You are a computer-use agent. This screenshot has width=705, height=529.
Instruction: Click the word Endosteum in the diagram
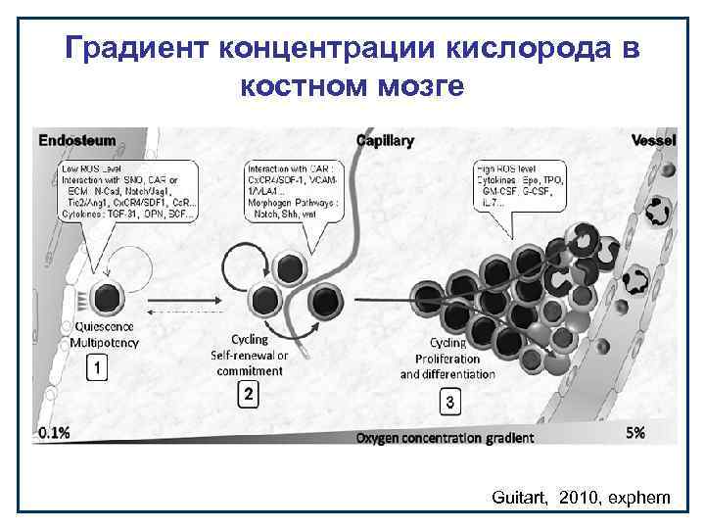[77, 140]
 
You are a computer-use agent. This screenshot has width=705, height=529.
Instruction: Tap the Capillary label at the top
[385, 140]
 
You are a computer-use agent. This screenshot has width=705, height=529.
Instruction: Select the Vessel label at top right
[653, 140]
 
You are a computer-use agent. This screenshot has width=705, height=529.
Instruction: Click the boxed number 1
[98, 367]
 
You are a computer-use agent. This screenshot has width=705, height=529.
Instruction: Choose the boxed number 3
[449, 402]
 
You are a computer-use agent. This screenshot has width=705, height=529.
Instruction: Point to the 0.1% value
[54, 432]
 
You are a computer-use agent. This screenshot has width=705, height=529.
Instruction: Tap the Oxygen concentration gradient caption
[446, 437]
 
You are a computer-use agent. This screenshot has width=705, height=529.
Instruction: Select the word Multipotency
[104, 342]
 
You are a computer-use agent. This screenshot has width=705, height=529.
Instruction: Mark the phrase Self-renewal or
[249, 356]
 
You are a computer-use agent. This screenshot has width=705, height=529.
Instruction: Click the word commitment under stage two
[249, 370]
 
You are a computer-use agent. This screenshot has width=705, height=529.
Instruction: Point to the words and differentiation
[447, 374]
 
